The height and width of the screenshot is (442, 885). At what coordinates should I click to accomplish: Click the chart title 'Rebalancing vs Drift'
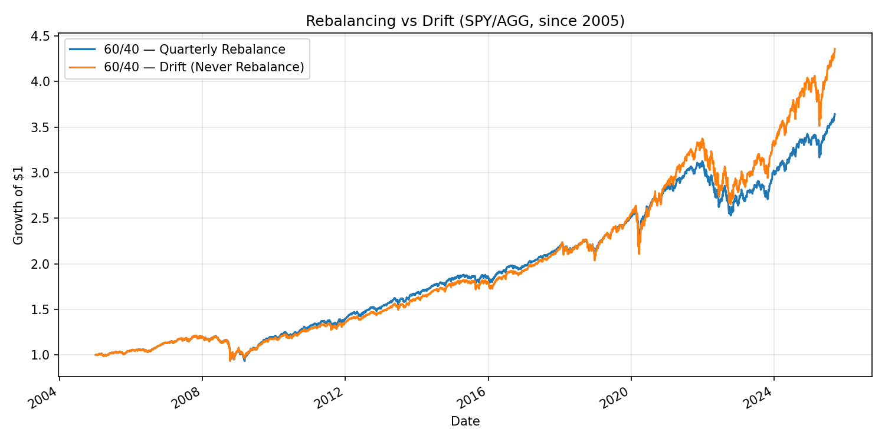point(465,21)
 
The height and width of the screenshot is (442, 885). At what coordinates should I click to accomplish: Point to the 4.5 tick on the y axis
point(46,36)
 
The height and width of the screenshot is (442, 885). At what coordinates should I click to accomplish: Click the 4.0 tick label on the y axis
point(46,81)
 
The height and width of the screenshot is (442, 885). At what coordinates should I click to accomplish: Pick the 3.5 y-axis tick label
point(46,127)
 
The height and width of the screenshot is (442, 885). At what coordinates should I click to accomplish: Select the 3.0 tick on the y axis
point(46,173)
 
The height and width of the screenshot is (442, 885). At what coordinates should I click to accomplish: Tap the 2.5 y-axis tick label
point(46,218)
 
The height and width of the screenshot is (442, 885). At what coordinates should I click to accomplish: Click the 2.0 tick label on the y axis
point(46,264)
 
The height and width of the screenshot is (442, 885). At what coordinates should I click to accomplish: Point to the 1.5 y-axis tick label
point(46,309)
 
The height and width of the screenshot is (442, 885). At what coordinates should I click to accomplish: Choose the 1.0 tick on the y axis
point(46,355)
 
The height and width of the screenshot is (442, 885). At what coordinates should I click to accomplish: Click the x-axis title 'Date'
point(465,421)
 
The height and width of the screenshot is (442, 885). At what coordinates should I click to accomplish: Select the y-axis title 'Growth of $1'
point(18,205)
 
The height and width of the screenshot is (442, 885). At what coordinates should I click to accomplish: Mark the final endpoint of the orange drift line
point(834,49)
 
